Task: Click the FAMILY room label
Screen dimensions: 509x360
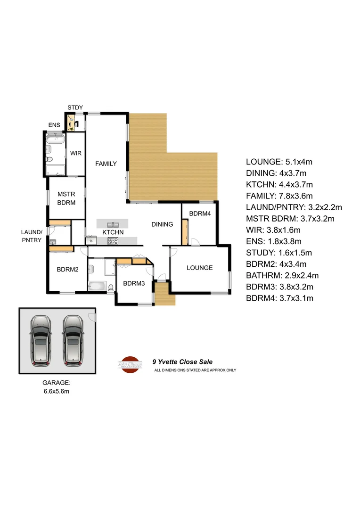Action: (x=106, y=164)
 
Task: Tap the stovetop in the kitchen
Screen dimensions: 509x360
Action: (x=113, y=241)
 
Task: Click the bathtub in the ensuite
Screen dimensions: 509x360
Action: (x=55, y=139)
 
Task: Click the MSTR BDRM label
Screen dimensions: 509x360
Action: (x=66, y=198)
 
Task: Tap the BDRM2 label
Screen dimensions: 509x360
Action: (x=67, y=270)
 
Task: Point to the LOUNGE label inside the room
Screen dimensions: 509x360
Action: (x=199, y=268)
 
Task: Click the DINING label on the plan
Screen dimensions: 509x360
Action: (x=162, y=224)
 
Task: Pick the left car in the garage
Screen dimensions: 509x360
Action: (x=41, y=340)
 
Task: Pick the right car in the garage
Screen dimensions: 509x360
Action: (x=73, y=340)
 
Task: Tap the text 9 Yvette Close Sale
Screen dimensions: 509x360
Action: (x=182, y=362)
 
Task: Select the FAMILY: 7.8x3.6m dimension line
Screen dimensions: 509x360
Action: (x=279, y=196)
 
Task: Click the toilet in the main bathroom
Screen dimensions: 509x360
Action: (x=110, y=287)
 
